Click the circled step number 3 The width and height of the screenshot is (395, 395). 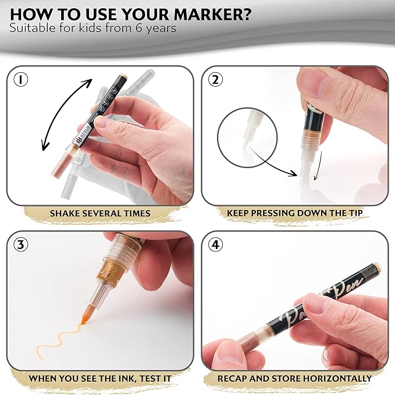pyautogui.click(x=22, y=244)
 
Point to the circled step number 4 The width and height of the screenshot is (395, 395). pyautogui.click(x=215, y=244)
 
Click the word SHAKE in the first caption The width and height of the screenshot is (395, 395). pyautogui.click(x=65, y=213)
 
